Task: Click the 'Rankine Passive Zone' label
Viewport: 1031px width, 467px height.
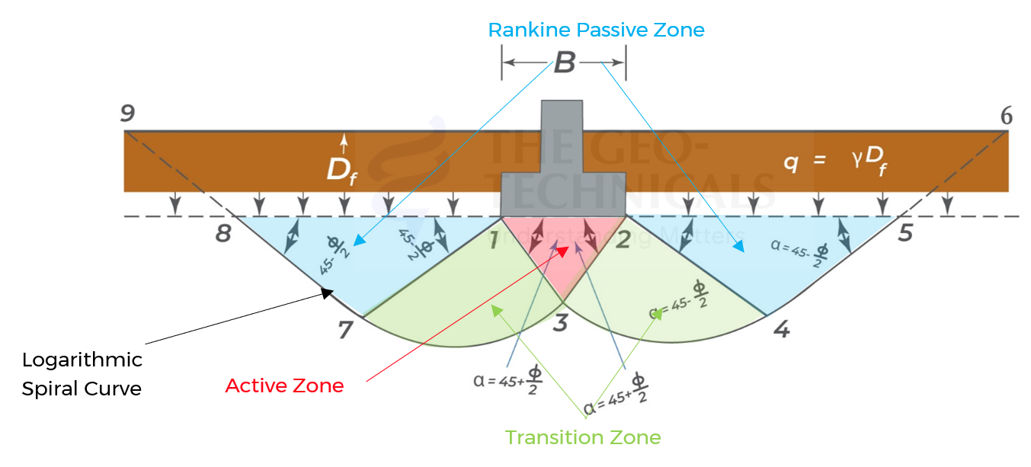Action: tap(596, 30)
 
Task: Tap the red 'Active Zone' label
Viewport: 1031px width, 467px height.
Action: tap(284, 386)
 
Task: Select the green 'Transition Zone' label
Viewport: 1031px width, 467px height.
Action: tap(583, 438)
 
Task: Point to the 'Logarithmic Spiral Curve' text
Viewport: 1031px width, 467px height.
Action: tap(82, 374)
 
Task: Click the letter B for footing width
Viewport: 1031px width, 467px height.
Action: tap(564, 63)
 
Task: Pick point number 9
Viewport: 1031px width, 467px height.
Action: tap(127, 114)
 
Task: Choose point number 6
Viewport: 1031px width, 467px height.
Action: tap(1006, 116)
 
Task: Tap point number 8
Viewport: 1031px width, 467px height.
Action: tap(223, 232)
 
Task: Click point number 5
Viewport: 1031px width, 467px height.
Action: tap(905, 232)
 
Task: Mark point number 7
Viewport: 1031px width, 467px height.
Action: tap(346, 330)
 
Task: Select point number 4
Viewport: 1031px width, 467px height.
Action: tap(780, 330)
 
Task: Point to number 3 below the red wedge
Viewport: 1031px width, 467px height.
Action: tap(560, 324)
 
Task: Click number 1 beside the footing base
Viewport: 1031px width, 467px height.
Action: tap(493, 241)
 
